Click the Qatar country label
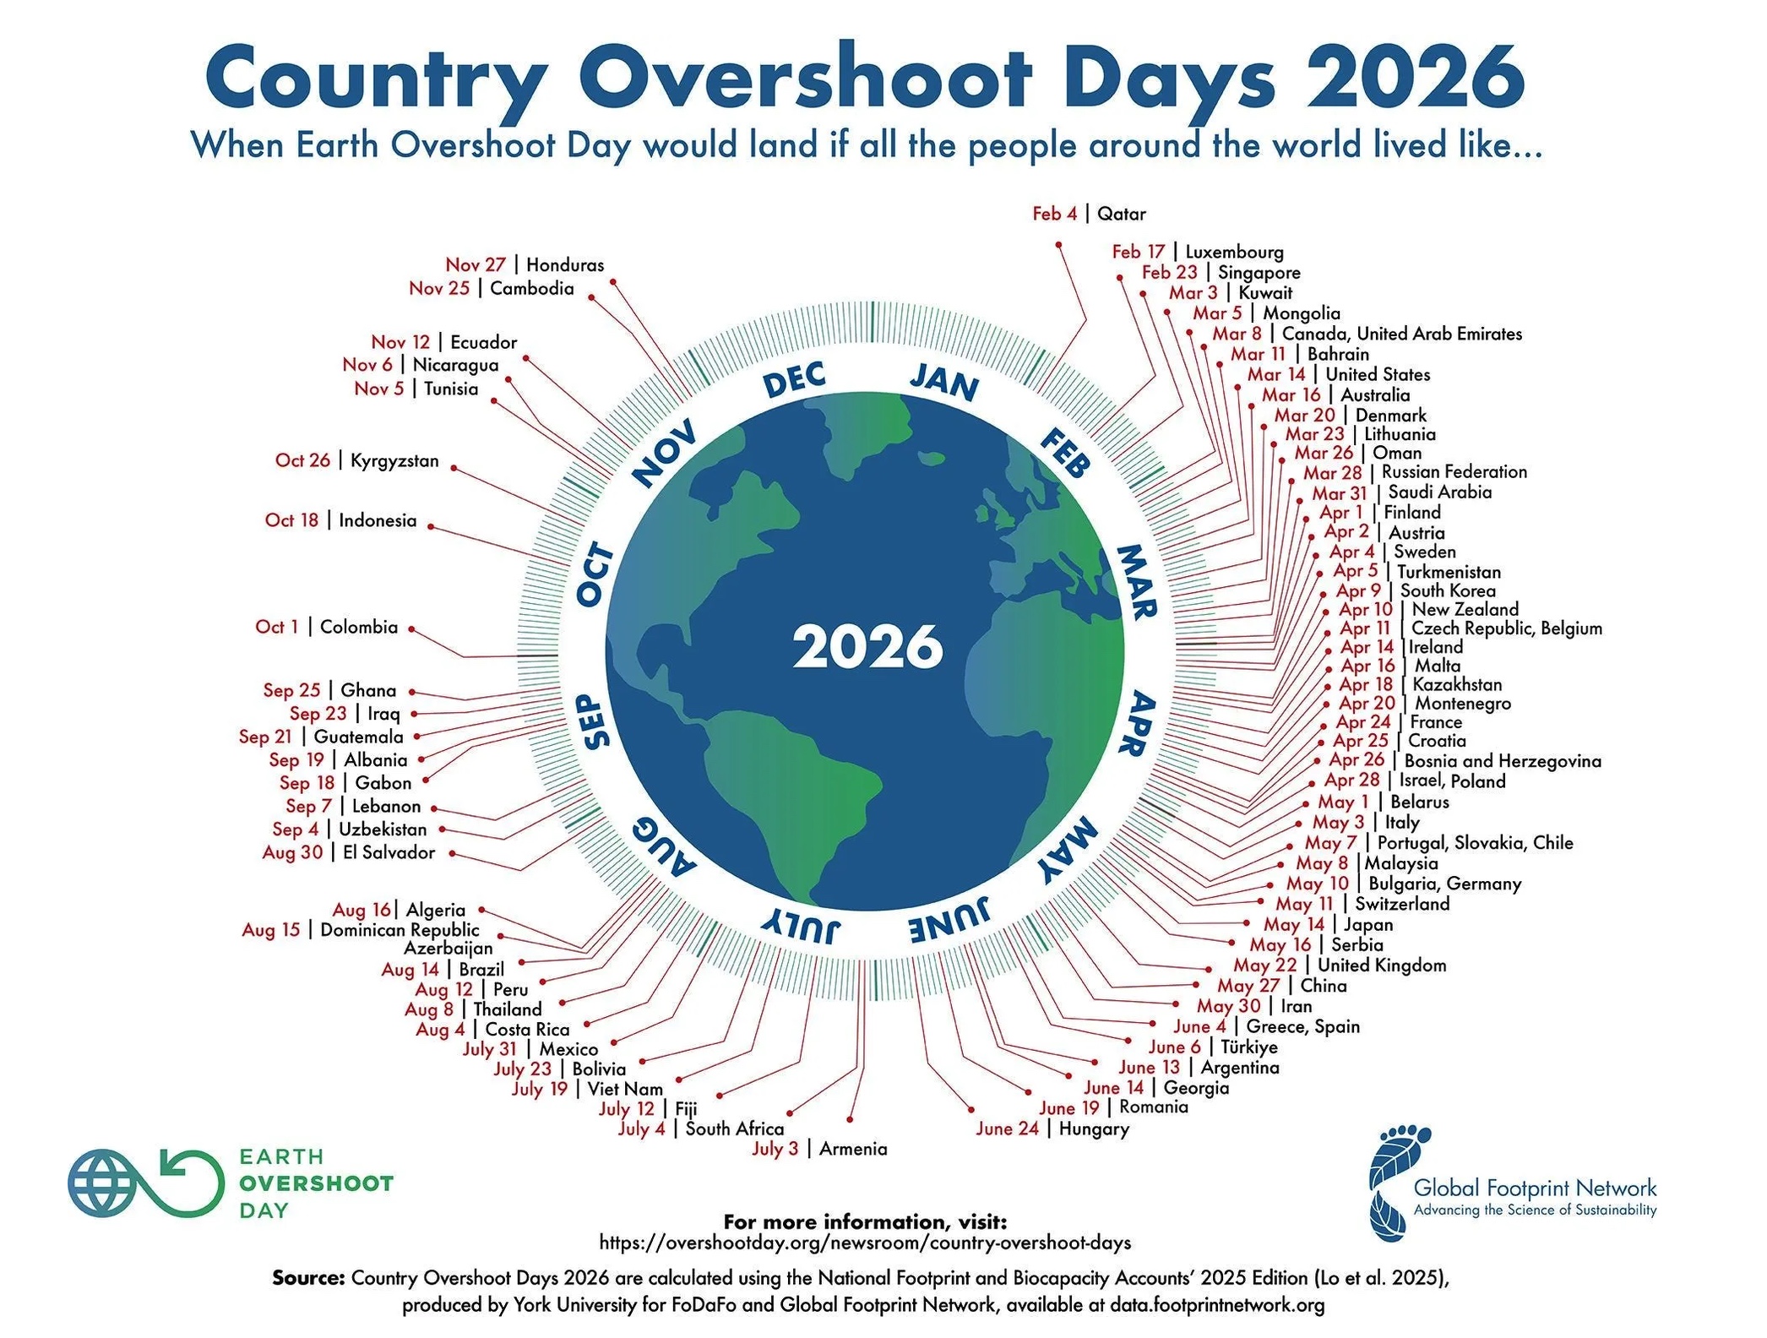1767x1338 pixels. click(x=1121, y=214)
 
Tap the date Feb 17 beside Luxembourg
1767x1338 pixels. click(x=1138, y=252)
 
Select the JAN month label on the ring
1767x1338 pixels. click(x=944, y=382)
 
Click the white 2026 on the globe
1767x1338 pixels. click(x=867, y=647)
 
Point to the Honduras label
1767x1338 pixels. click(x=565, y=265)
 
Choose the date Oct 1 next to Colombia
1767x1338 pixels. click(x=277, y=627)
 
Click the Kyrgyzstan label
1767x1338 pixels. click(x=394, y=461)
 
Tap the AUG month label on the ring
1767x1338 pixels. click(x=664, y=847)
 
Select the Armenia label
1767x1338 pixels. click(x=853, y=1149)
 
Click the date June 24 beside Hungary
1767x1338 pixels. click(x=1007, y=1129)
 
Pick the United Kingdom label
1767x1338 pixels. click(x=1382, y=965)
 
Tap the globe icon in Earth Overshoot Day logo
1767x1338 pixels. click(x=103, y=1183)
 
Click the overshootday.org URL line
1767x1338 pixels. click(x=865, y=1243)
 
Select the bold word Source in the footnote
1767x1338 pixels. click(x=308, y=1277)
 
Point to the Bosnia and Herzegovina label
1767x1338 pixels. click(x=1503, y=761)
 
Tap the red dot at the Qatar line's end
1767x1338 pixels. click(x=1058, y=245)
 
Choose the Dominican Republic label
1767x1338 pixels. click(x=400, y=930)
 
